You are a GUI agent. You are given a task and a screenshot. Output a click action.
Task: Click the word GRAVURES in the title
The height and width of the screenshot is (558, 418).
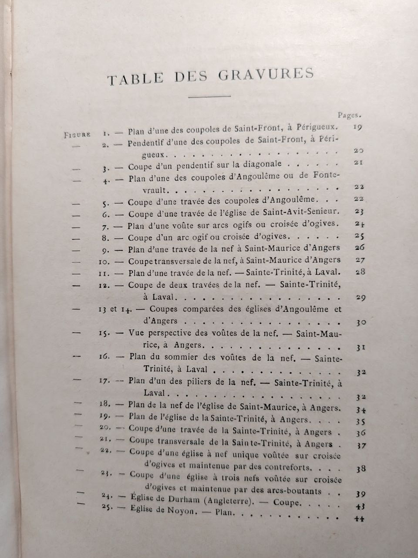[265, 75]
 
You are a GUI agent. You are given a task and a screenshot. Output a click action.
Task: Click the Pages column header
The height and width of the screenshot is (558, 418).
[349, 116]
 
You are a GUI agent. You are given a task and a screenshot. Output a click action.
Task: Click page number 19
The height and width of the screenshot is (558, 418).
[357, 128]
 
